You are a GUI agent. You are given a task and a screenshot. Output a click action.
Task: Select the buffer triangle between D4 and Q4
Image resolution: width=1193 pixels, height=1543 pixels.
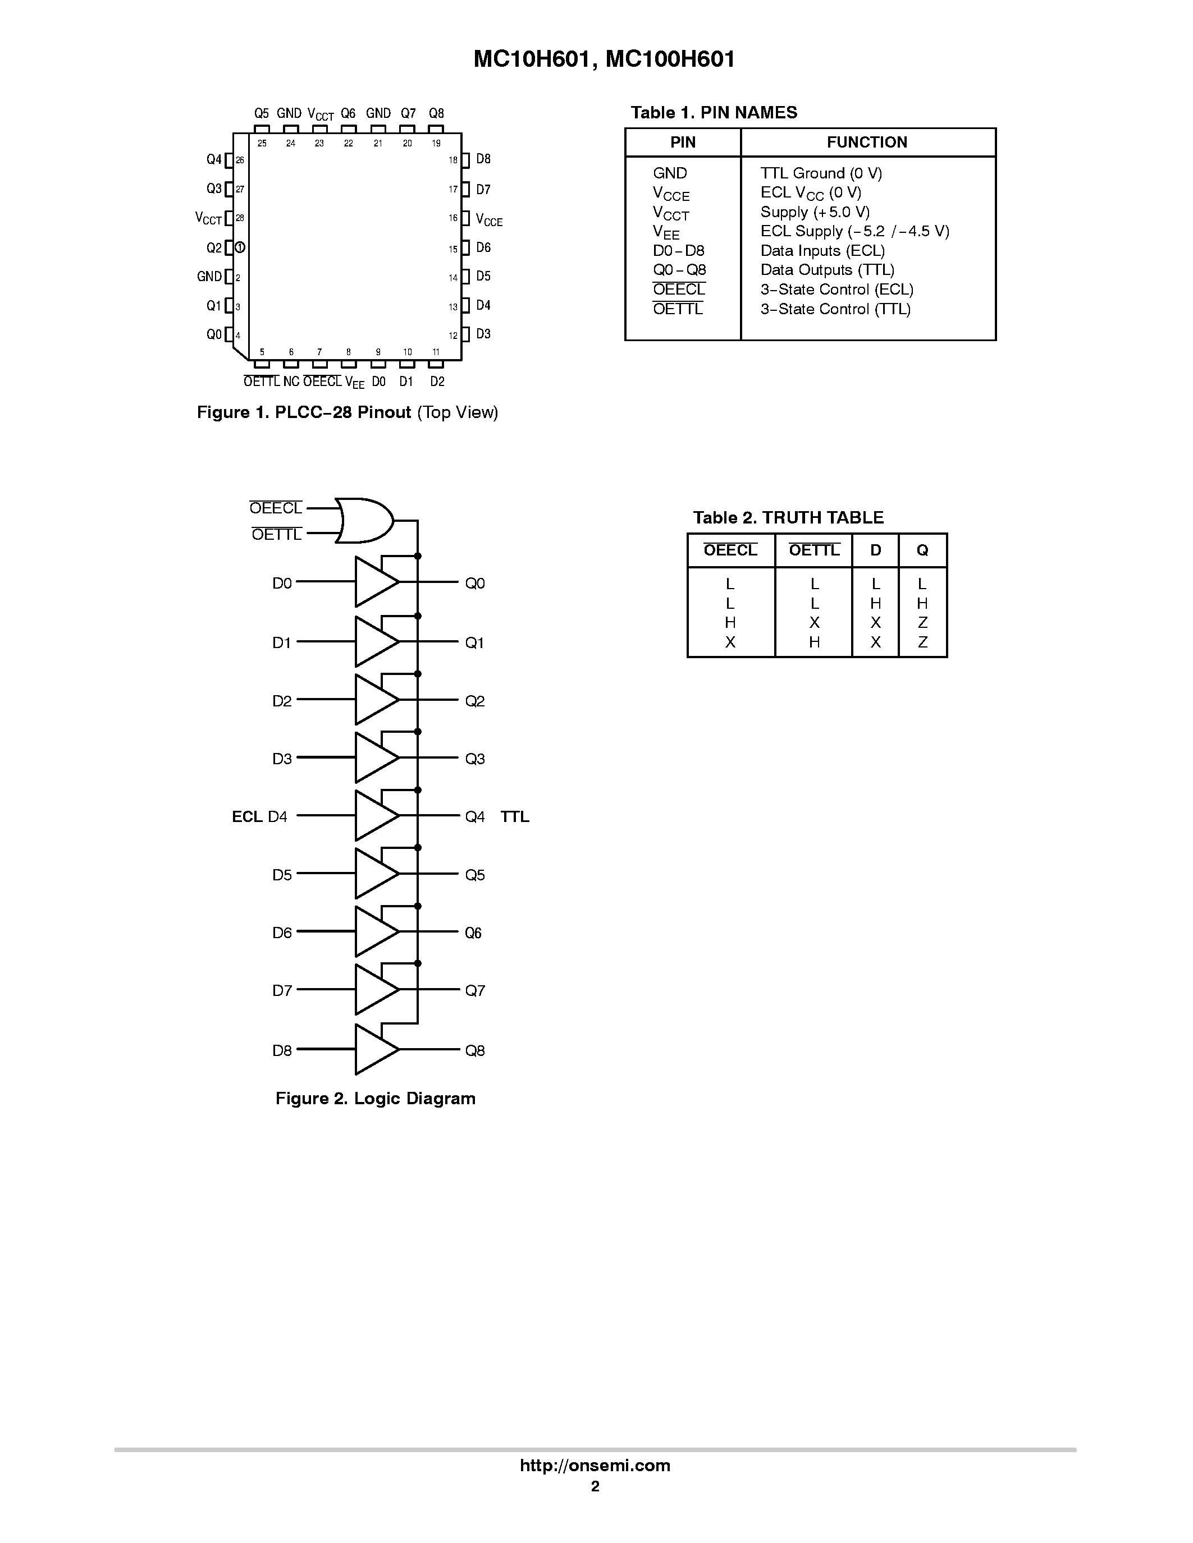374,815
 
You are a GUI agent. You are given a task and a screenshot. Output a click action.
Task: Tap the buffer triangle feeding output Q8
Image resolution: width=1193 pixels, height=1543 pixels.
374,1049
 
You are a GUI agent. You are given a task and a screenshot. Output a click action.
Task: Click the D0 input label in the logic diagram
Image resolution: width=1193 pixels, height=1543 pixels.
282,583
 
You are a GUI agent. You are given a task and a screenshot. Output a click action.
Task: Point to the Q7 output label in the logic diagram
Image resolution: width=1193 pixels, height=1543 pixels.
474,990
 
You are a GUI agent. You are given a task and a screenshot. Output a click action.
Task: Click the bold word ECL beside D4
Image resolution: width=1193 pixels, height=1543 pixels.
248,817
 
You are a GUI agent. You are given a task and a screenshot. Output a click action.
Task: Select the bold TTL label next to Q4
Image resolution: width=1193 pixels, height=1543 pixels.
514,817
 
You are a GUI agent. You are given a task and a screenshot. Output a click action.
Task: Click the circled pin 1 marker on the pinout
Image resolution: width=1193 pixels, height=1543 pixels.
240,247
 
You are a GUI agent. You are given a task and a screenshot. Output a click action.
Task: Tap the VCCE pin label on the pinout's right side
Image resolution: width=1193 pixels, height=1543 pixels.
489,220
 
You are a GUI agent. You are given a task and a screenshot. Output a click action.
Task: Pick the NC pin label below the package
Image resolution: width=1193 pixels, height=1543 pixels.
291,382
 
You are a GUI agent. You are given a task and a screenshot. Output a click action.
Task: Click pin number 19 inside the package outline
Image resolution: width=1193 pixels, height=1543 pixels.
436,144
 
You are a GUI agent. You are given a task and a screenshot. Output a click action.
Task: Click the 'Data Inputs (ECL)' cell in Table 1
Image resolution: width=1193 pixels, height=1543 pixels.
822,251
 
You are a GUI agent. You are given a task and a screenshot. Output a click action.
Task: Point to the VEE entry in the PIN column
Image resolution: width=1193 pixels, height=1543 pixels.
666,232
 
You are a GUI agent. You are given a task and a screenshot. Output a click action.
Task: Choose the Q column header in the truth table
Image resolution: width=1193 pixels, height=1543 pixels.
922,550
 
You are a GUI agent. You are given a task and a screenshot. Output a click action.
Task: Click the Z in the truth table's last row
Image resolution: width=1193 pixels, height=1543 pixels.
922,642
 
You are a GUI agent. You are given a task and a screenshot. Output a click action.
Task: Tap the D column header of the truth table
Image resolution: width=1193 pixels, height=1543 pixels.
875,550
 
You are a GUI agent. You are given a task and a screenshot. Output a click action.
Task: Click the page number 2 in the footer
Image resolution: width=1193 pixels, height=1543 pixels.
595,1486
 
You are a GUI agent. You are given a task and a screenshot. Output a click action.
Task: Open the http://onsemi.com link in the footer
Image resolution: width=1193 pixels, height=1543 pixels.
595,1465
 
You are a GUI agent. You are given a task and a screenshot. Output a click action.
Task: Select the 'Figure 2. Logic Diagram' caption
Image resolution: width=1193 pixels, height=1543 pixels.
375,1098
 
